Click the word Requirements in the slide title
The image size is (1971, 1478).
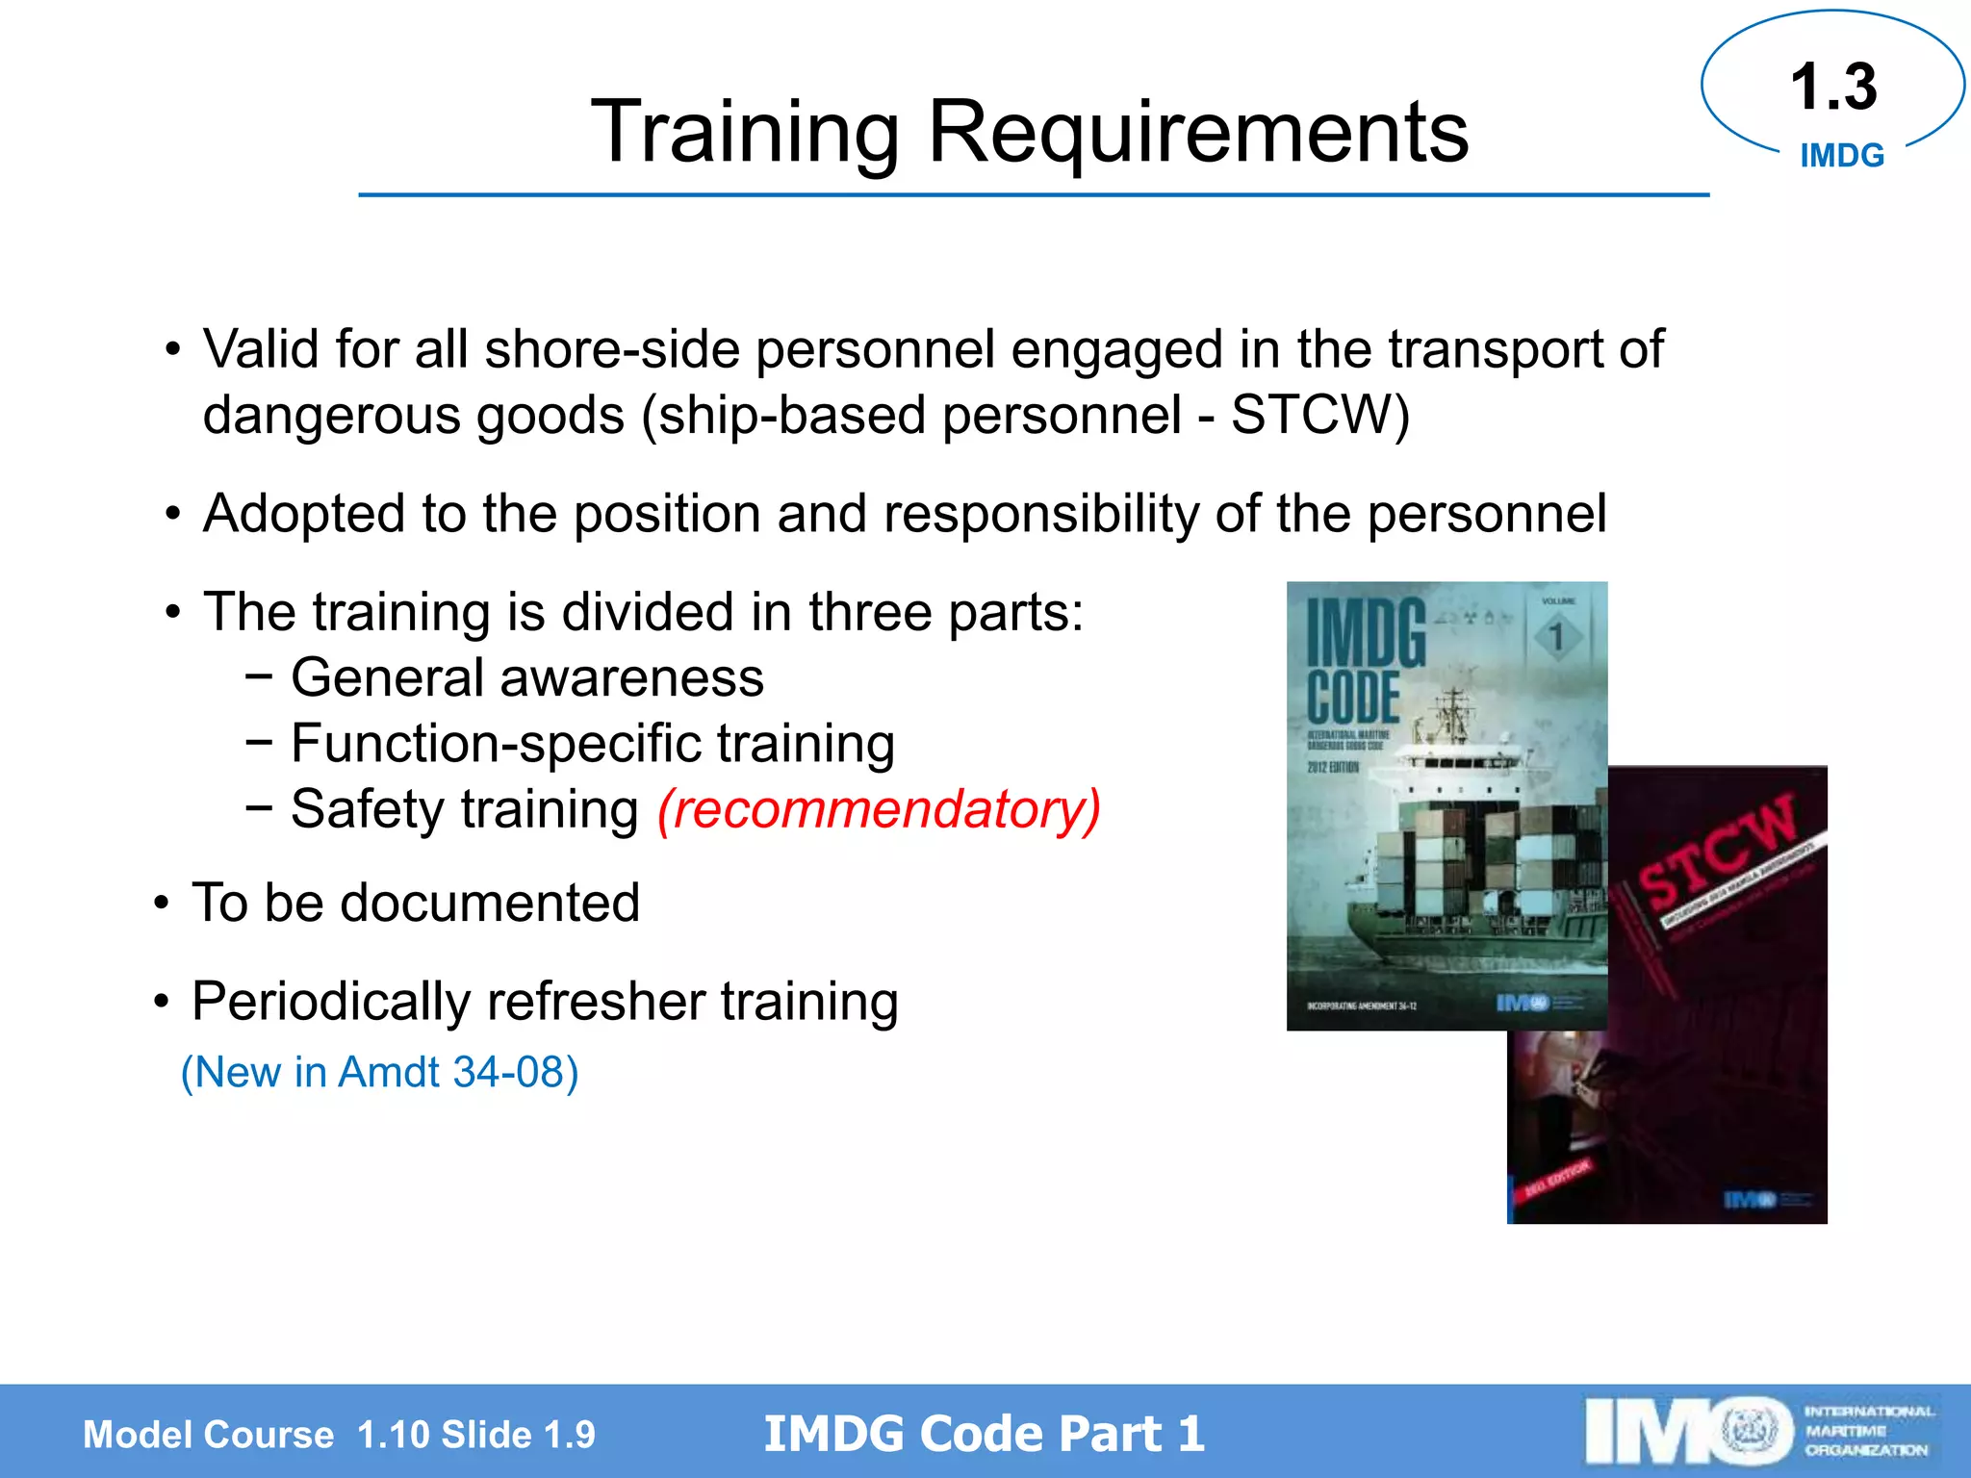coord(1197,133)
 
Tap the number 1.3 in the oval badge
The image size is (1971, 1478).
coord(1833,88)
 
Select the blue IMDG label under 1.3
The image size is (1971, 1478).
coord(1842,156)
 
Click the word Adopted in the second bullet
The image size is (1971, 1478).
coord(304,514)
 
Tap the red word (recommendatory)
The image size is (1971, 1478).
coord(879,809)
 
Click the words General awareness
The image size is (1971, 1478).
coord(527,678)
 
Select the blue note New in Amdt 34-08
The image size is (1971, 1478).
coord(380,1072)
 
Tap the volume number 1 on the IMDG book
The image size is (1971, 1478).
coord(1555,636)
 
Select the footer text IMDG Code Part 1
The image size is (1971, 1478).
coord(984,1434)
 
